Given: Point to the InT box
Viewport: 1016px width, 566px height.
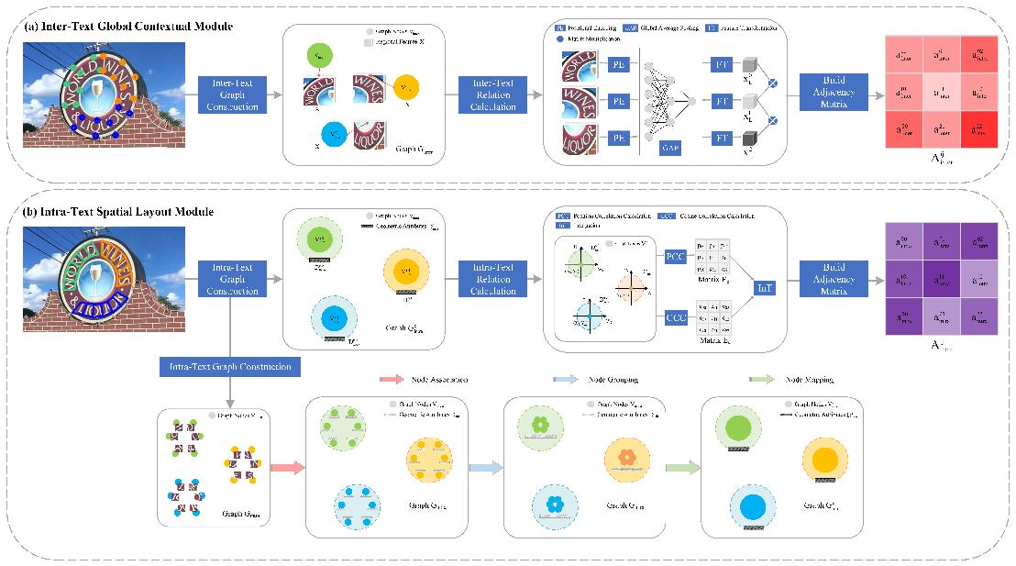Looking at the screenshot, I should (x=764, y=288).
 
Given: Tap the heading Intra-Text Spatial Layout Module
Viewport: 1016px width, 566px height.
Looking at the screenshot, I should (x=121, y=212).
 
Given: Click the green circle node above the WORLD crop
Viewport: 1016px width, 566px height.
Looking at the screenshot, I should (x=318, y=55).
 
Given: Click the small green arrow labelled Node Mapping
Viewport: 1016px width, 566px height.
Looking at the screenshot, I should (x=763, y=379).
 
